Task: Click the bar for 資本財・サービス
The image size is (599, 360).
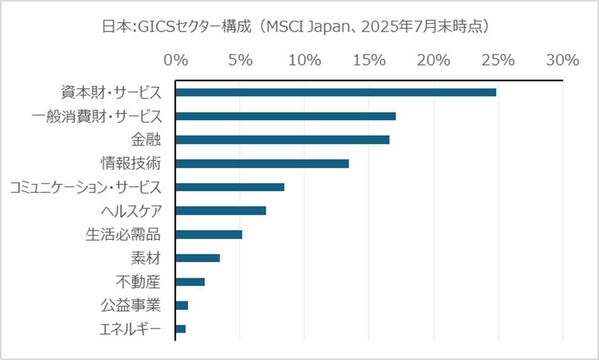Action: tap(336, 92)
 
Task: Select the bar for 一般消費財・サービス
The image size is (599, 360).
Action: tap(286, 116)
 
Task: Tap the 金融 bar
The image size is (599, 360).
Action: tap(282, 140)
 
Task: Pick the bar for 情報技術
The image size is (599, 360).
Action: tap(262, 164)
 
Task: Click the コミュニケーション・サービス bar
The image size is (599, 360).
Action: tap(230, 187)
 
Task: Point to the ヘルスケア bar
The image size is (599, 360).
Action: tap(220, 211)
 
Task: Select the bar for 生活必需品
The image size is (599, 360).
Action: tap(209, 234)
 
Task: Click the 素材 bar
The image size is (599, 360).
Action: tap(198, 258)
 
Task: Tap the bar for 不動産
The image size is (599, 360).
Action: tap(190, 282)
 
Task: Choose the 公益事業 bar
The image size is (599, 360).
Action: tap(181, 305)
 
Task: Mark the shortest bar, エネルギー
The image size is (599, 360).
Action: tap(180, 329)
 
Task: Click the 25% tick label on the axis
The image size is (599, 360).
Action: tap(498, 60)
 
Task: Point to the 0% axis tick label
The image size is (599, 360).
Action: tap(175, 60)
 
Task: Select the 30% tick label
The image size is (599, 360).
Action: tap(563, 60)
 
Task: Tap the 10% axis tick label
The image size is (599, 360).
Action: tap(305, 60)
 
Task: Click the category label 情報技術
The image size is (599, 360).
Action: tap(131, 164)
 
